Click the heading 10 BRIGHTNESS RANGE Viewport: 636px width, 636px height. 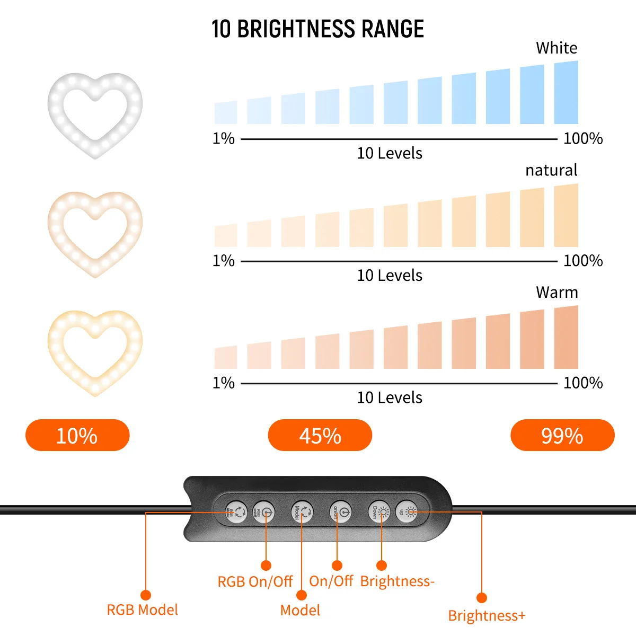pyautogui.click(x=317, y=29)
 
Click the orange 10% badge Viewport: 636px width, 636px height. pyautogui.click(x=77, y=435)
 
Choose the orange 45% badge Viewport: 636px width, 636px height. pyautogui.click(x=320, y=435)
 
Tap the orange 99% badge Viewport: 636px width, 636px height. pyautogui.click(x=562, y=435)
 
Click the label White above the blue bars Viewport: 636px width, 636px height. pyautogui.click(x=556, y=48)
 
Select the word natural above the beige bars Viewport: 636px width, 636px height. pyautogui.click(x=551, y=170)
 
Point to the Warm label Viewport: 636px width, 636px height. pyautogui.click(x=556, y=293)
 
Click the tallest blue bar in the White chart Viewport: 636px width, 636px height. pyautogui.click(x=566, y=93)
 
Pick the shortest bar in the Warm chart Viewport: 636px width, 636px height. pyautogui.click(x=226, y=358)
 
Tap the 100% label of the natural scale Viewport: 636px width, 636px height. pyautogui.click(x=583, y=261)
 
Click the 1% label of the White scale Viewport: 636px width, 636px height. pyautogui.click(x=224, y=139)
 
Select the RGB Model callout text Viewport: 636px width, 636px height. pyautogui.click(x=142, y=609)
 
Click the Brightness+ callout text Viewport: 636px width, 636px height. pyautogui.click(x=487, y=616)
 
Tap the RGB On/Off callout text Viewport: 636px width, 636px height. pyautogui.click(x=255, y=581)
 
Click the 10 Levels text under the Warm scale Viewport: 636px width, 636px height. pyautogui.click(x=390, y=397)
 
